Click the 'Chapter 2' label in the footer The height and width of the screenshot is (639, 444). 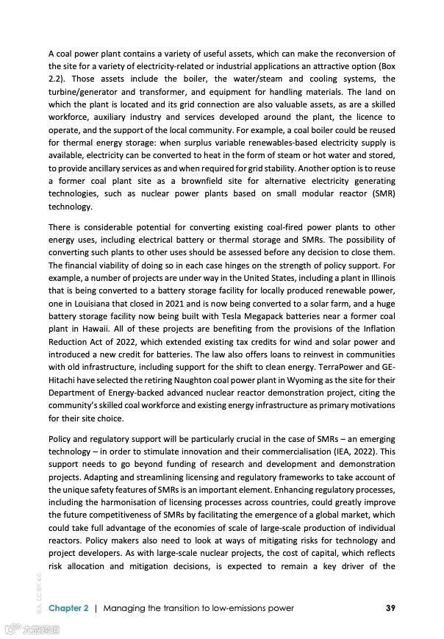click(x=68, y=608)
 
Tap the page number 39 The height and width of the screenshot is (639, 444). click(x=391, y=608)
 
